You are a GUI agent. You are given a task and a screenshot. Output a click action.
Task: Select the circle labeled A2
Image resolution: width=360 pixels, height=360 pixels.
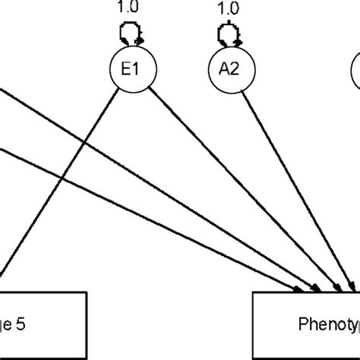pos(226,71)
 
